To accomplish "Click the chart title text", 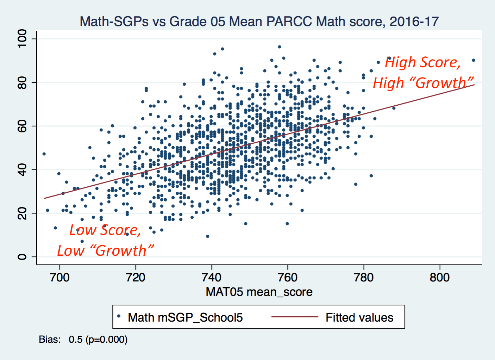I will [259, 21].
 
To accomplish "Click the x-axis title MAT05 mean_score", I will [259, 292].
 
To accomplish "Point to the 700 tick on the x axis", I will [60, 278].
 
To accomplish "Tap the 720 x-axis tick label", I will [136, 278].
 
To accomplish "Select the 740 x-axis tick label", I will [212, 278].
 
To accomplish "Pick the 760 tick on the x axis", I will [288, 278].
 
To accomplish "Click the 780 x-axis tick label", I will [364, 278].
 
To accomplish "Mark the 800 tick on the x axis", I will [440, 278].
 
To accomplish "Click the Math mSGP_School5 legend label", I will [185, 317].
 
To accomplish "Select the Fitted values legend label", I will [359, 317].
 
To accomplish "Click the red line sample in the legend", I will [295, 317].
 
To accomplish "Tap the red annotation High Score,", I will [422, 62].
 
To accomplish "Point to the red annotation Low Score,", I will [105, 230].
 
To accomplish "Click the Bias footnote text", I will [83, 340].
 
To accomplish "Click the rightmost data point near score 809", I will [474, 60].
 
